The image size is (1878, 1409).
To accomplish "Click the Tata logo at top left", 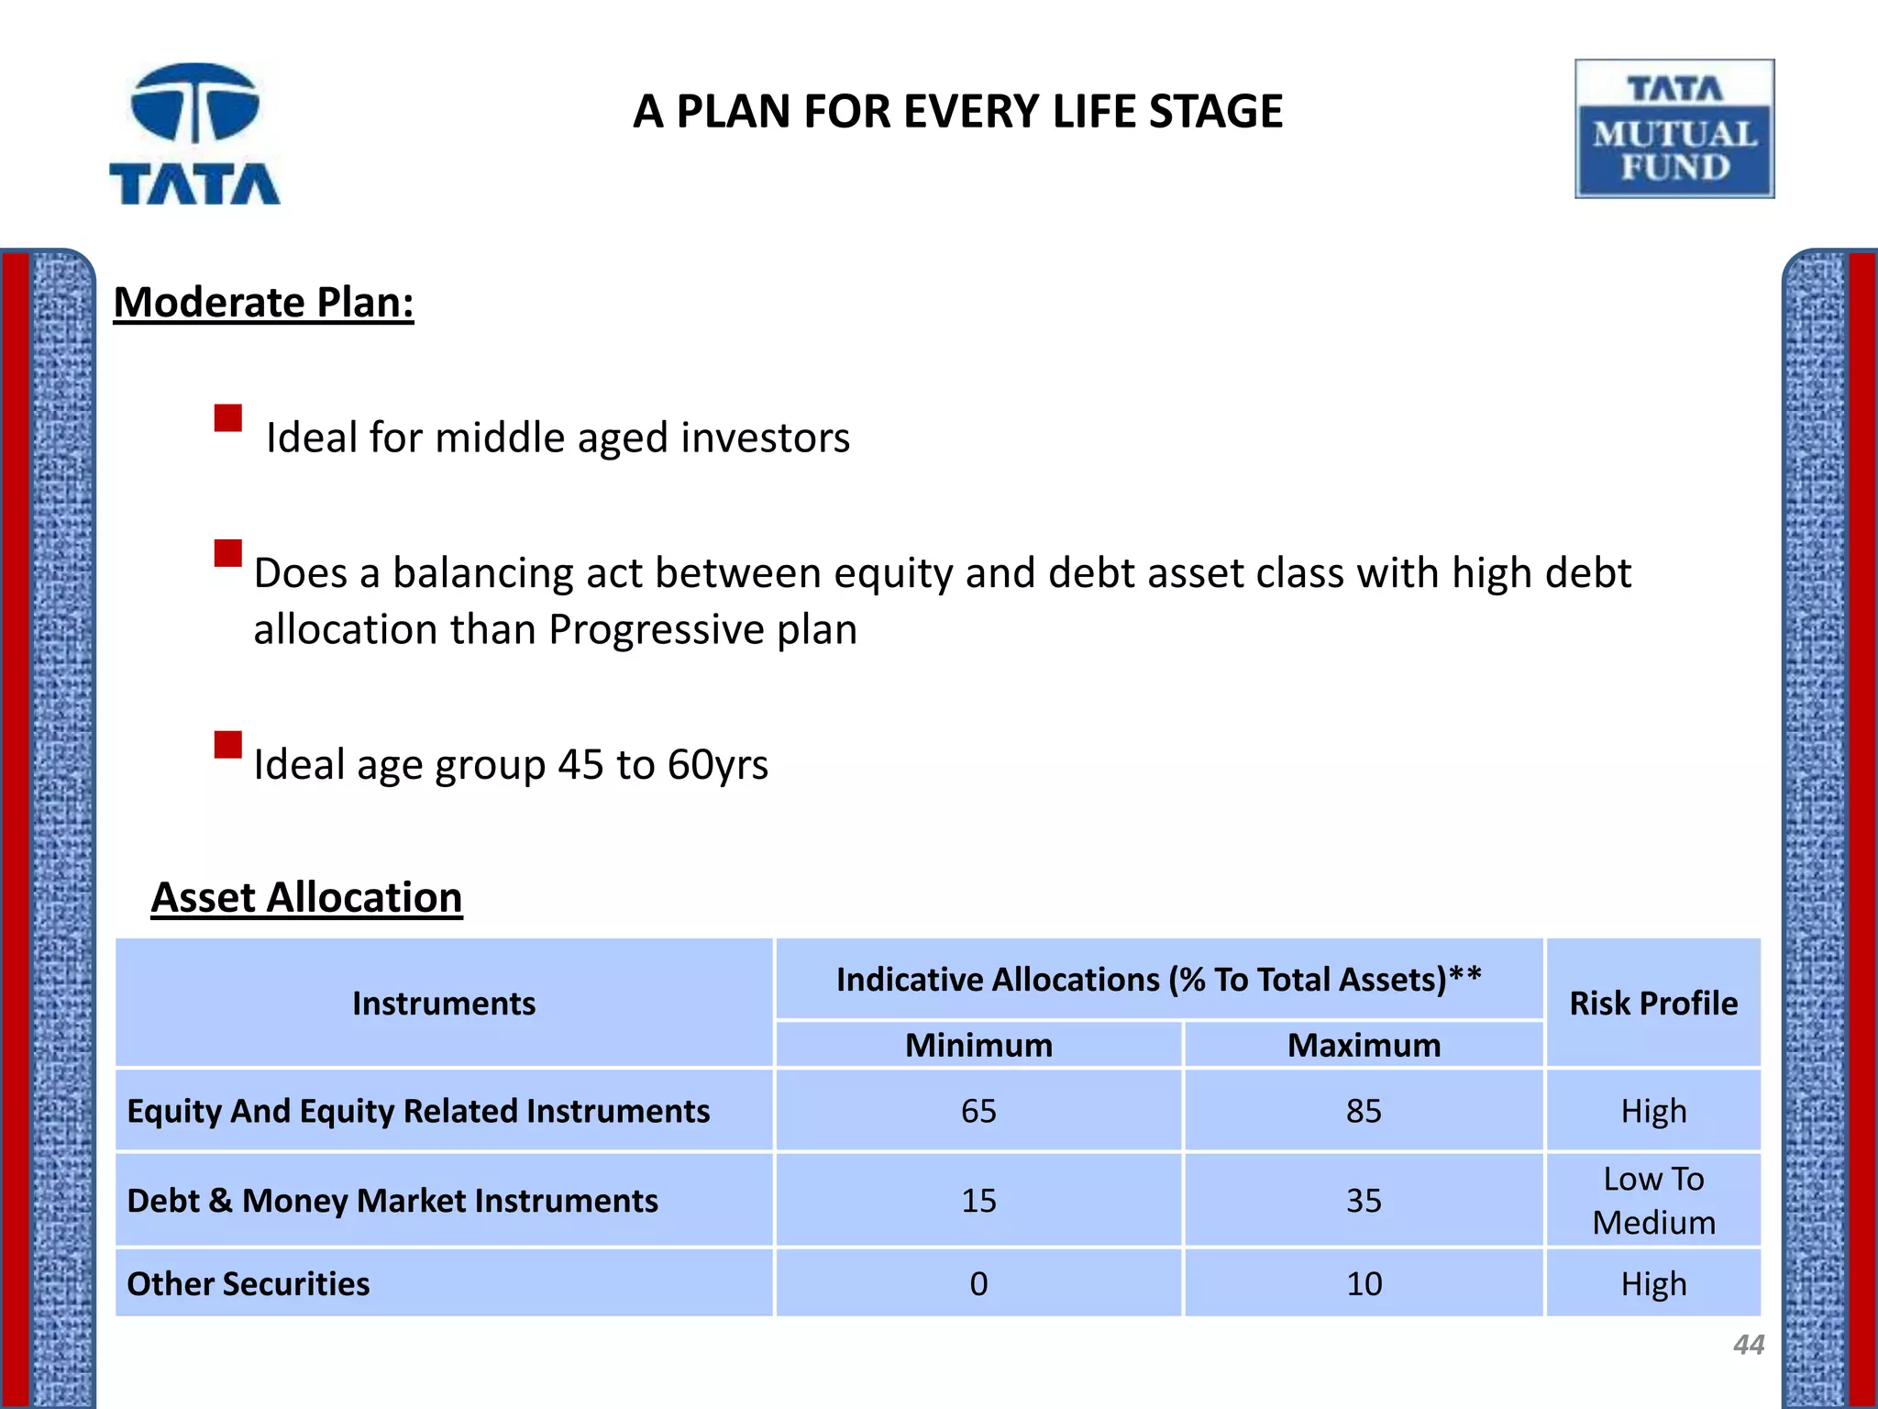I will (194, 134).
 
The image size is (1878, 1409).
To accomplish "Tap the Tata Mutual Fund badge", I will (1674, 129).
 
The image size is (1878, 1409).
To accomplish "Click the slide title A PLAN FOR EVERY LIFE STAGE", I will (957, 112).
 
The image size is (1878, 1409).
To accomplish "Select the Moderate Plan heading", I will (264, 303).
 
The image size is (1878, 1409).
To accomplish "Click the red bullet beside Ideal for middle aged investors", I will (227, 418).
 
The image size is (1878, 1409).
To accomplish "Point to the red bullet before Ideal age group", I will (227, 744).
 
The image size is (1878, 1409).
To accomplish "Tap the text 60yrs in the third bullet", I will (717, 764).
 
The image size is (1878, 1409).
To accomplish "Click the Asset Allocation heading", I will (306, 897).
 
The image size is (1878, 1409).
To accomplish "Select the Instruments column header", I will (444, 1004).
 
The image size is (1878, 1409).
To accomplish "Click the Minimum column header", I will (978, 1046).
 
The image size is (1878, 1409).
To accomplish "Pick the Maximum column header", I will (1364, 1046).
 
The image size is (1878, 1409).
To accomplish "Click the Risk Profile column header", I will (1653, 1004).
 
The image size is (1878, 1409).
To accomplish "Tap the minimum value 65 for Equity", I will (978, 1112).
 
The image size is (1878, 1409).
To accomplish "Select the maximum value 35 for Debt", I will (1364, 1201).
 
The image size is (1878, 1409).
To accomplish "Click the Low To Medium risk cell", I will (1653, 1201).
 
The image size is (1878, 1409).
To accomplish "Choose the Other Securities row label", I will (249, 1284).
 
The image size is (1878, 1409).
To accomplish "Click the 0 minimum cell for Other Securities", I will (978, 1284).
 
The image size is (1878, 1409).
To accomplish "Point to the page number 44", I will (1748, 1345).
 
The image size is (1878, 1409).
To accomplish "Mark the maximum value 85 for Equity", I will (1364, 1112).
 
